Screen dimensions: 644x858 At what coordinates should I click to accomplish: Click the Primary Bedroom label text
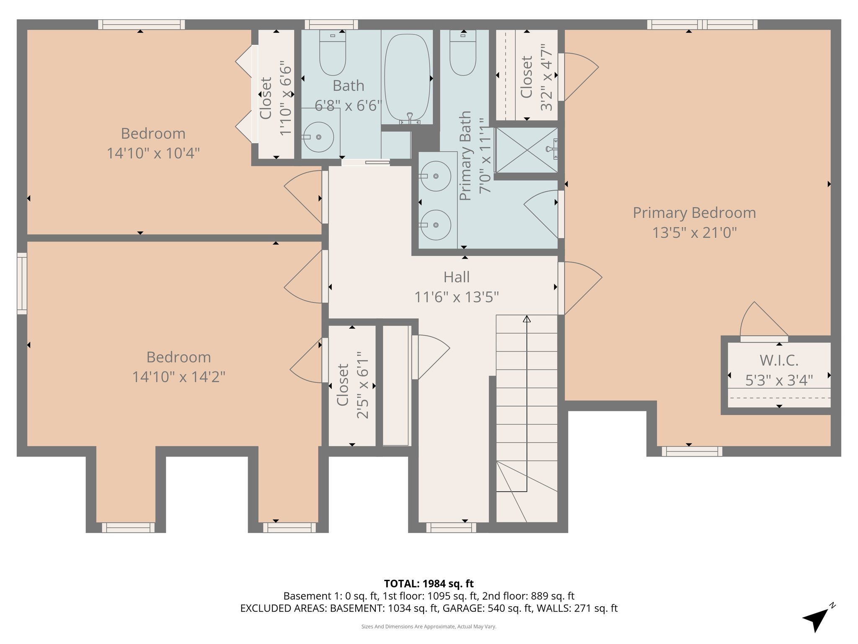click(694, 213)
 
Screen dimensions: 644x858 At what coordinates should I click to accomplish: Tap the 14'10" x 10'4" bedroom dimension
click(153, 153)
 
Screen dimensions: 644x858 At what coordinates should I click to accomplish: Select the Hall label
click(456, 277)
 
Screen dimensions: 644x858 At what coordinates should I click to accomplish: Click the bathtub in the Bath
click(407, 78)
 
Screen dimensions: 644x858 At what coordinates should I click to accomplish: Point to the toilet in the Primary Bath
click(463, 55)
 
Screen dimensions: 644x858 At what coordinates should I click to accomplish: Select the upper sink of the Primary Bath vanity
click(436, 176)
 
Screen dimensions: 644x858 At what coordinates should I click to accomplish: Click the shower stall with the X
click(526, 150)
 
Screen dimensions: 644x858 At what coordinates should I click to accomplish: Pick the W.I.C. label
click(779, 361)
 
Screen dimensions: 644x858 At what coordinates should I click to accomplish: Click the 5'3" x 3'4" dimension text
click(779, 381)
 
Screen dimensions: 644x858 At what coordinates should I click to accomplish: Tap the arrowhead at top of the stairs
click(527, 319)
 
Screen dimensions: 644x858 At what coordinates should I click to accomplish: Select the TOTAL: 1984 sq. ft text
click(429, 584)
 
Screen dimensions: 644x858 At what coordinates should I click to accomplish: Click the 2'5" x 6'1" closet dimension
click(363, 385)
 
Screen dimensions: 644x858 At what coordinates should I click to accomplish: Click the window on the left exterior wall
click(22, 283)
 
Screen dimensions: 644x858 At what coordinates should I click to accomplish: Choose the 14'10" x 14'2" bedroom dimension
click(178, 377)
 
